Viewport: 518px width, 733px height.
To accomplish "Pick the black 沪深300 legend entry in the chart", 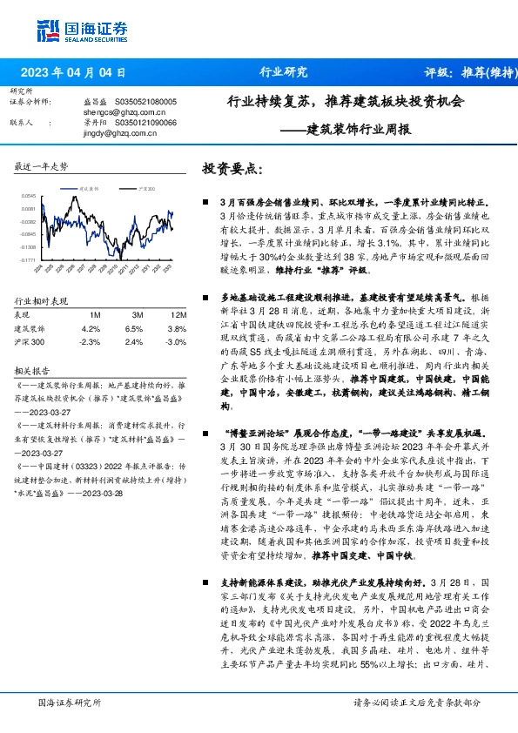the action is coord(143,187).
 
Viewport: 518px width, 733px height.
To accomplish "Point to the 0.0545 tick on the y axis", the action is coord(29,197).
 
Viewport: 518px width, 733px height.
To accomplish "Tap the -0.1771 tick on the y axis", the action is coord(28,259).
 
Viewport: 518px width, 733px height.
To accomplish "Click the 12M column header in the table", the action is coord(156,313).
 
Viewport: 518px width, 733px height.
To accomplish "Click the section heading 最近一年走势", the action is coord(42,165).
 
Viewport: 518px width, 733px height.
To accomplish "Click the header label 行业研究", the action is coord(284,73).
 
